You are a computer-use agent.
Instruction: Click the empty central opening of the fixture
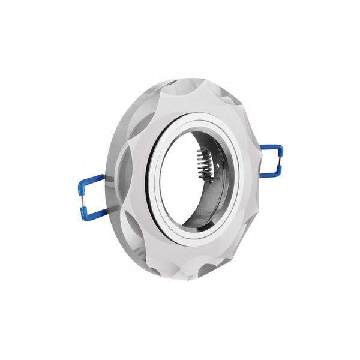click(180, 180)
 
